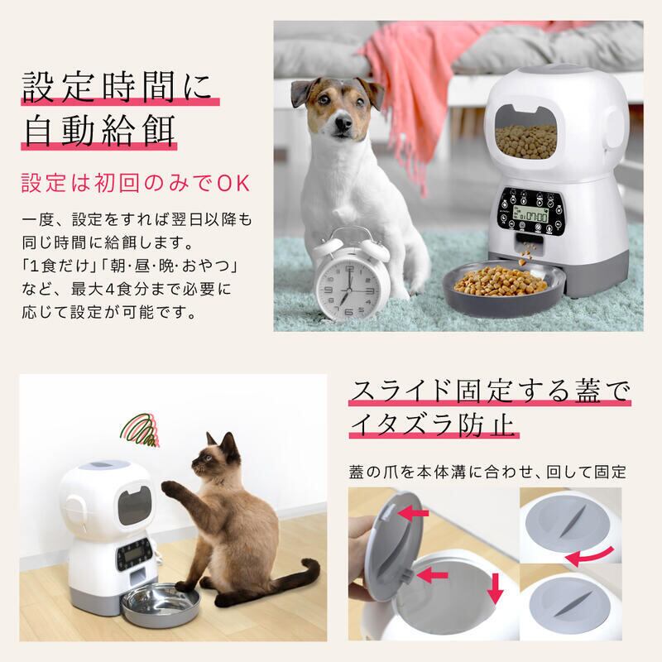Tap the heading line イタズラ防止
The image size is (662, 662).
tap(434, 425)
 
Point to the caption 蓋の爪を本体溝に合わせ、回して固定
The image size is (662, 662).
tap(487, 473)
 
